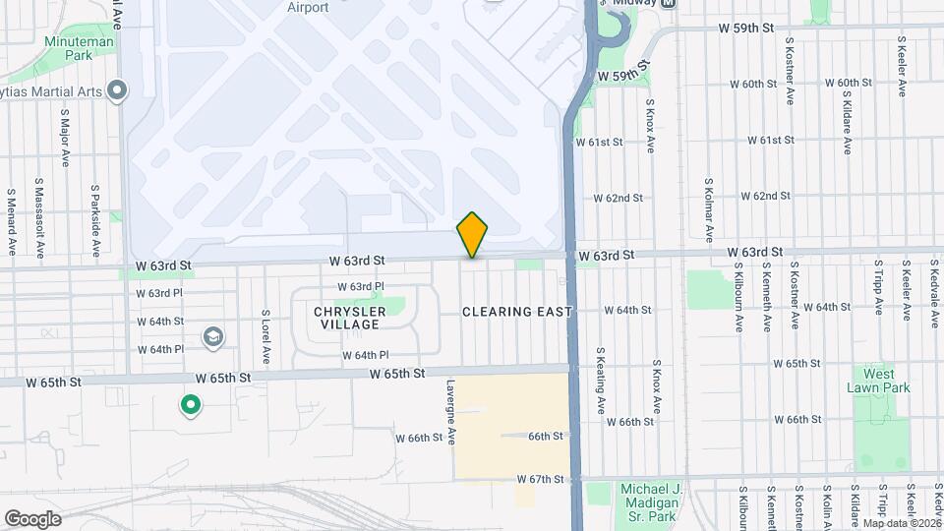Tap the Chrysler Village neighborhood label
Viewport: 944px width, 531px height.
[347, 318]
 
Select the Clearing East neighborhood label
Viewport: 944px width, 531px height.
[517, 312]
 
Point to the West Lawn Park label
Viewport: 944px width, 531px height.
[872, 381]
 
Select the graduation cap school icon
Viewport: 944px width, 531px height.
[212, 338]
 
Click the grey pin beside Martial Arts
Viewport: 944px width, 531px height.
[118, 92]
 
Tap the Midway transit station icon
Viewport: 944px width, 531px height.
[669, 4]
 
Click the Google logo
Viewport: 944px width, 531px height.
[32, 518]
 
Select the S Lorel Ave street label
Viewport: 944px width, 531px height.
[265, 336]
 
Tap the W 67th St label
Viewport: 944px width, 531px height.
[542, 479]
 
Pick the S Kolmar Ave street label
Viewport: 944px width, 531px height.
[708, 209]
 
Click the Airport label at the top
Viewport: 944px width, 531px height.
[308, 8]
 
